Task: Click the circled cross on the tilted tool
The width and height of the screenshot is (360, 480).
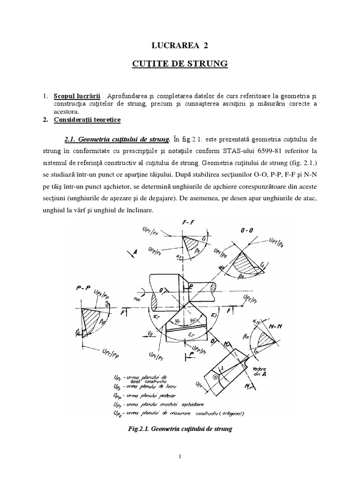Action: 215,376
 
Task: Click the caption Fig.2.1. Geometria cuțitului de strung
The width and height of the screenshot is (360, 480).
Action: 180,428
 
